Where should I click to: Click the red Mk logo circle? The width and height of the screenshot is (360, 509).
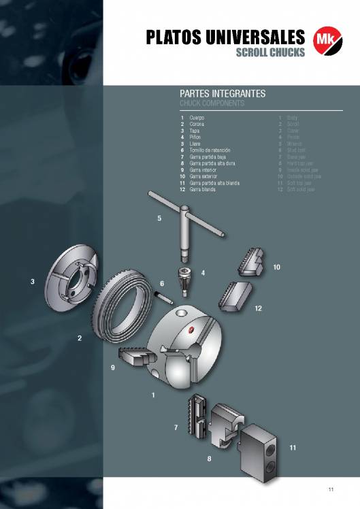tap(325, 39)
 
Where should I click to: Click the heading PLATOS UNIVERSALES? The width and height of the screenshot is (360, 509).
tap(225, 37)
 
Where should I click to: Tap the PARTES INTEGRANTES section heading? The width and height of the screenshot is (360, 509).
tap(222, 93)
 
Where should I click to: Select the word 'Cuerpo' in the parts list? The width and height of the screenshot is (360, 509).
tap(197, 118)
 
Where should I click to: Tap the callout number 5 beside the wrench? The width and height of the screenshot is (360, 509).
tap(159, 218)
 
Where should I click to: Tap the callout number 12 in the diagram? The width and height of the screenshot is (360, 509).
tap(258, 308)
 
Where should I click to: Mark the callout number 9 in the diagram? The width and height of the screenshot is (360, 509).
tap(113, 367)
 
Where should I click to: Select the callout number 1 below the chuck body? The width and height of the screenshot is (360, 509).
tap(154, 395)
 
